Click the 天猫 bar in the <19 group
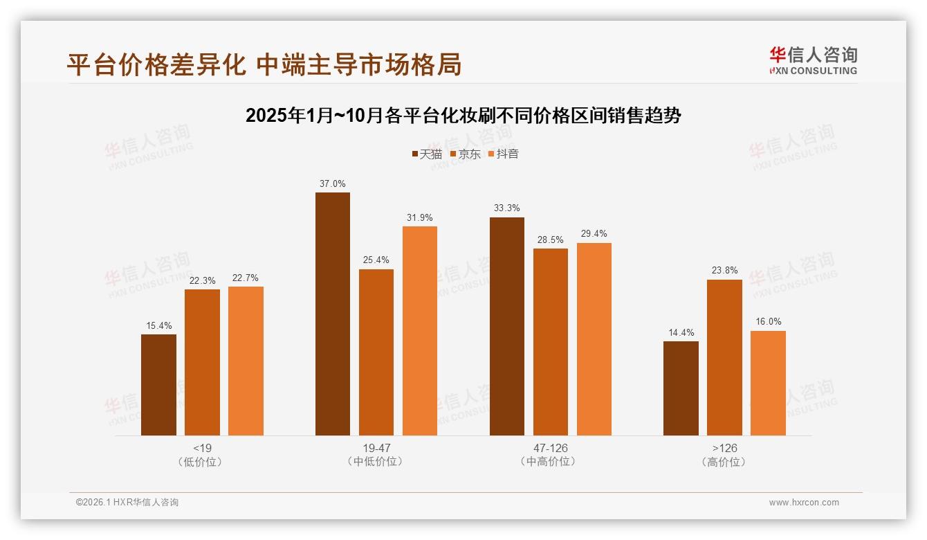158,385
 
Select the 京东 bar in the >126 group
724,357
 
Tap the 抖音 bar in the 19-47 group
420,331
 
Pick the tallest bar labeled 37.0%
333,314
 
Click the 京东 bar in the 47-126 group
550,342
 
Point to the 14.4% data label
681,333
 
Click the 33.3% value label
507,208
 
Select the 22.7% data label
246,278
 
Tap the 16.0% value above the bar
768,322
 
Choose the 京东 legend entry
466,154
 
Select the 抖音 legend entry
504,154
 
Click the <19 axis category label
202,448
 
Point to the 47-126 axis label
550,448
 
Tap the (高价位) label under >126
724,462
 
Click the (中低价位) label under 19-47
376,462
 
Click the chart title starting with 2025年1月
463,116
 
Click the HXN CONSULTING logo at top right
813,61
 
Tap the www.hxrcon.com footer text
804,503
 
